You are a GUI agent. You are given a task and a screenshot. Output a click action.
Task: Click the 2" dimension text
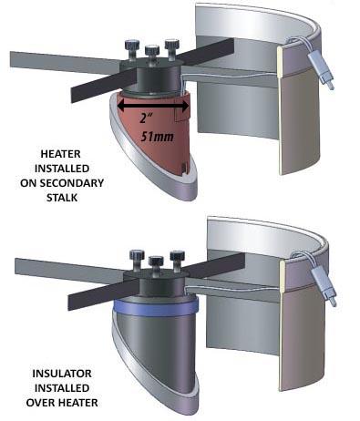[x=145, y=118]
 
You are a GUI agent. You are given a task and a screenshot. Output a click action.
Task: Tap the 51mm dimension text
[x=157, y=136]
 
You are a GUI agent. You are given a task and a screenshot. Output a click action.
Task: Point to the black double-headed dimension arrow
[x=153, y=106]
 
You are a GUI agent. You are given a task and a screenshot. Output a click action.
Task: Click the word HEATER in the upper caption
[x=61, y=154]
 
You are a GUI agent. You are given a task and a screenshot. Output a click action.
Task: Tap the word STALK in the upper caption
[x=62, y=198]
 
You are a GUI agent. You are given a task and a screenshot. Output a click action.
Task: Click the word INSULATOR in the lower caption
[x=62, y=374]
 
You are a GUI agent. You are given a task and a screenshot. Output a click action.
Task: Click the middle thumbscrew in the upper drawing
[x=152, y=54]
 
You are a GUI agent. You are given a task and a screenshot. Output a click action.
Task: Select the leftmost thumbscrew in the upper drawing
[x=131, y=50]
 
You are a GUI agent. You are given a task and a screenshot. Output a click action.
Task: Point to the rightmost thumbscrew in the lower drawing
[x=177, y=261]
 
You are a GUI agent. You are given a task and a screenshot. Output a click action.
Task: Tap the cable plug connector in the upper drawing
[x=321, y=70]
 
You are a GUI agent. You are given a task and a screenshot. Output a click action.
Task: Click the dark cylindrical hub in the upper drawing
[x=157, y=79]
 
